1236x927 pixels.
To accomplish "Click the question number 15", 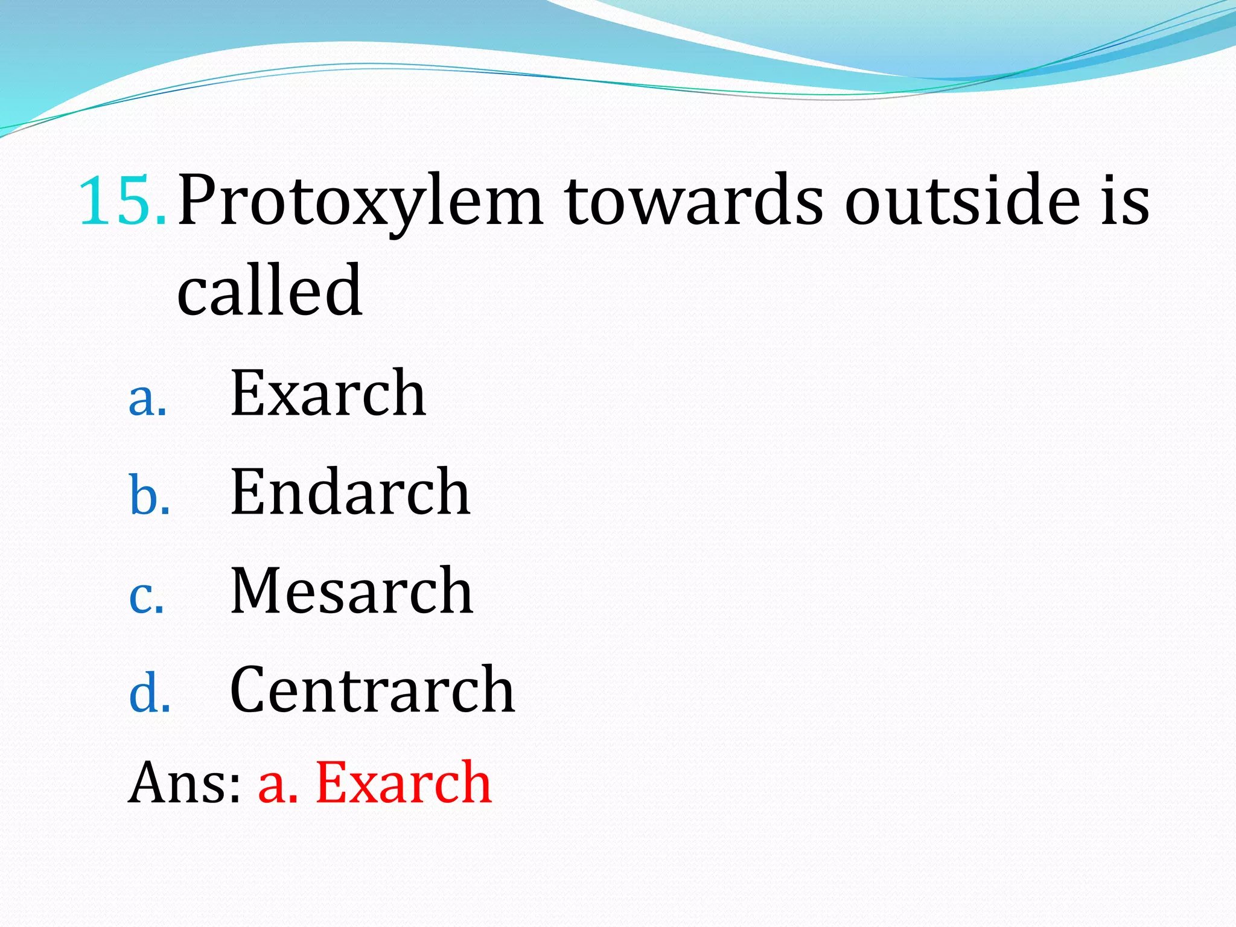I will coord(121,200).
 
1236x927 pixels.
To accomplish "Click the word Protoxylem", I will coord(360,202).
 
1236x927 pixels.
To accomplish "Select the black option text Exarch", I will coord(328,393).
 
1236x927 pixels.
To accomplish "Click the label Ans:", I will coord(185,783).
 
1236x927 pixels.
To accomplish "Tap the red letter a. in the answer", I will coord(278,785).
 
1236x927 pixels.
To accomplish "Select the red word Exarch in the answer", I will coord(404,783).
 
